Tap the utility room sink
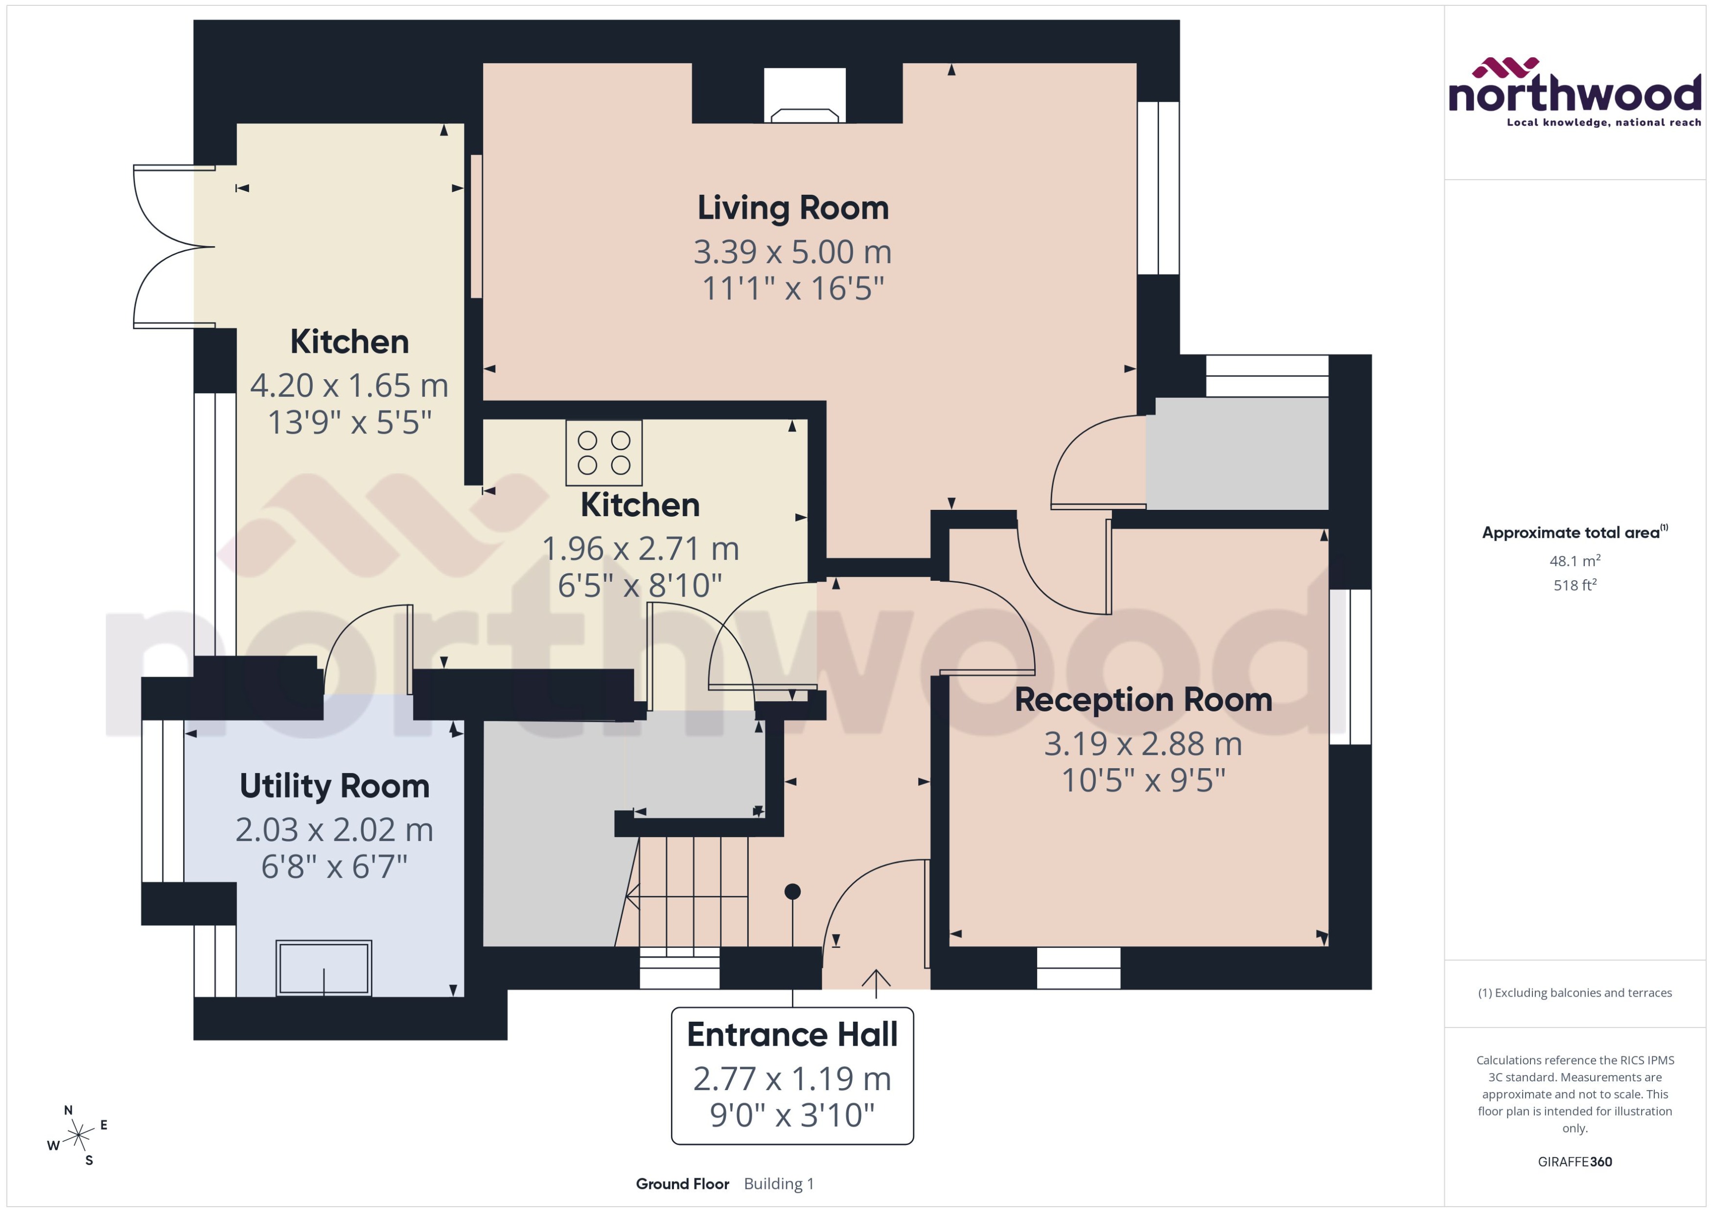[x=324, y=968]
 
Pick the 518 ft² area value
[x=1574, y=586]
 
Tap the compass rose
[x=78, y=1136]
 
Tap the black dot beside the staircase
[x=793, y=891]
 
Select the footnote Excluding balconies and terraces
[x=1574, y=993]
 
